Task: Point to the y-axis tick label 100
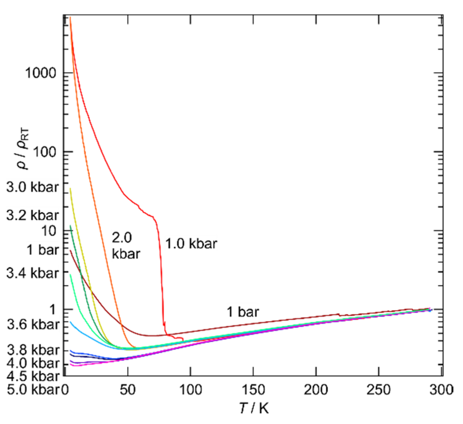click(44, 152)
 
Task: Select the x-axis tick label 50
click(128, 390)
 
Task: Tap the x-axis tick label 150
click(253, 390)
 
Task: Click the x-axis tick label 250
click(378, 390)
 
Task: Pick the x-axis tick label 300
click(441, 390)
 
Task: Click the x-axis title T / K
click(253, 409)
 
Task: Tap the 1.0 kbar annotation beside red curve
click(191, 244)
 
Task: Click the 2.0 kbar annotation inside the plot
click(126, 246)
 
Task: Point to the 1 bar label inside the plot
click(243, 312)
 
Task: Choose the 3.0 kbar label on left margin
click(33, 187)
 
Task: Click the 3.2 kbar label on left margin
click(33, 215)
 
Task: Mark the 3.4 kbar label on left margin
click(33, 273)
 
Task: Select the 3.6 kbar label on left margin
click(33, 324)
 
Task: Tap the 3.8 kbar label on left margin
click(33, 350)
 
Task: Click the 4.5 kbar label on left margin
click(33, 377)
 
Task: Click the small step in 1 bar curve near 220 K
click(339, 315)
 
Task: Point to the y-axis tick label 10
click(48, 231)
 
